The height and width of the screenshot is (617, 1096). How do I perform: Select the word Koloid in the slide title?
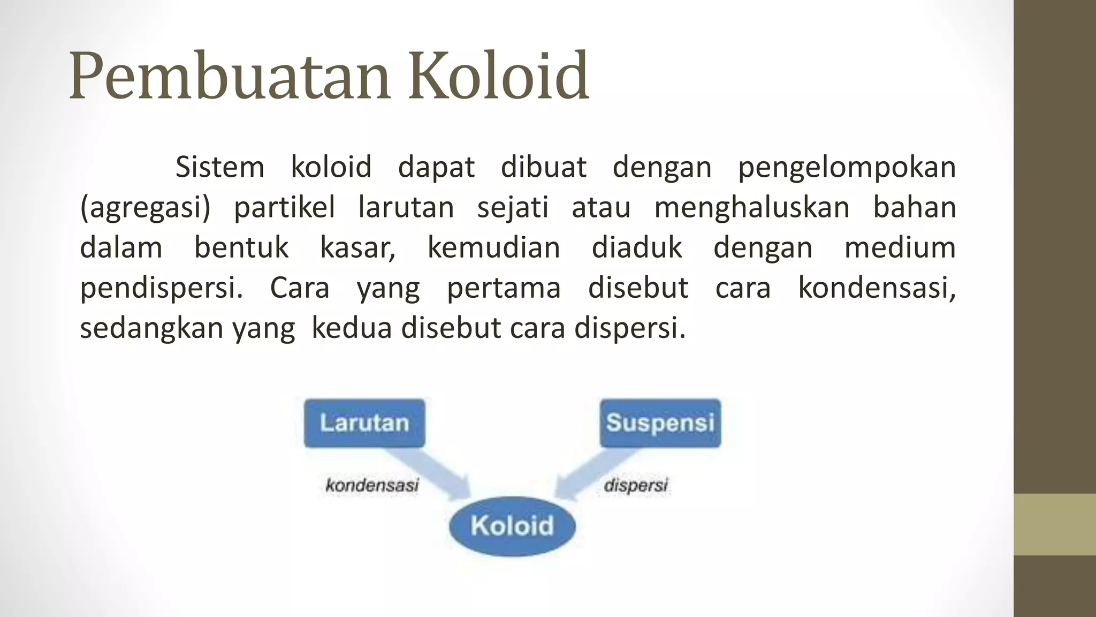pyautogui.click(x=498, y=76)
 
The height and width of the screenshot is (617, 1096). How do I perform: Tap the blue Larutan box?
pyautogui.click(x=364, y=423)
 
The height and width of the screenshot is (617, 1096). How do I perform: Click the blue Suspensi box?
pyautogui.click(x=660, y=423)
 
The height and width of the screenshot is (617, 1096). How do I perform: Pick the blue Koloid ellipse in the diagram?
pyautogui.click(x=512, y=525)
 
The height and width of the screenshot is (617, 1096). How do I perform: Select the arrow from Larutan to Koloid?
pyautogui.click(x=429, y=472)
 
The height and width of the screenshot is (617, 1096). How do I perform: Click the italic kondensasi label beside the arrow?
pyautogui.click(x=372, y=486)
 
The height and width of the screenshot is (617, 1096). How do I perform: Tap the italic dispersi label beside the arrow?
pyautogui.click(x=636, y=486)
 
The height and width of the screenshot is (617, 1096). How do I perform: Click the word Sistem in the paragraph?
pyautogui.click(x=220, y=167)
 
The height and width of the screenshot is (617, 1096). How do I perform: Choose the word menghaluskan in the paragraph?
pyautogui.click(x=752, y=207)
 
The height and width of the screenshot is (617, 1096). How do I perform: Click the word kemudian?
pyautogui.click(x=493, y=247)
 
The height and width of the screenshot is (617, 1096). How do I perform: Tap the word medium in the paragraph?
pyautogui.click(x=900, y=247)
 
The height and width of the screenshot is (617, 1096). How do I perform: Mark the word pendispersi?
pyautogui.click(x=161, y=288)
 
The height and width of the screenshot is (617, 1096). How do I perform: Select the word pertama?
pyautogui.click(x=504, y=288)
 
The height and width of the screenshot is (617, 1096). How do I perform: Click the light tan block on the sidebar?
pyautogui.click(x=1055, y=524)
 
